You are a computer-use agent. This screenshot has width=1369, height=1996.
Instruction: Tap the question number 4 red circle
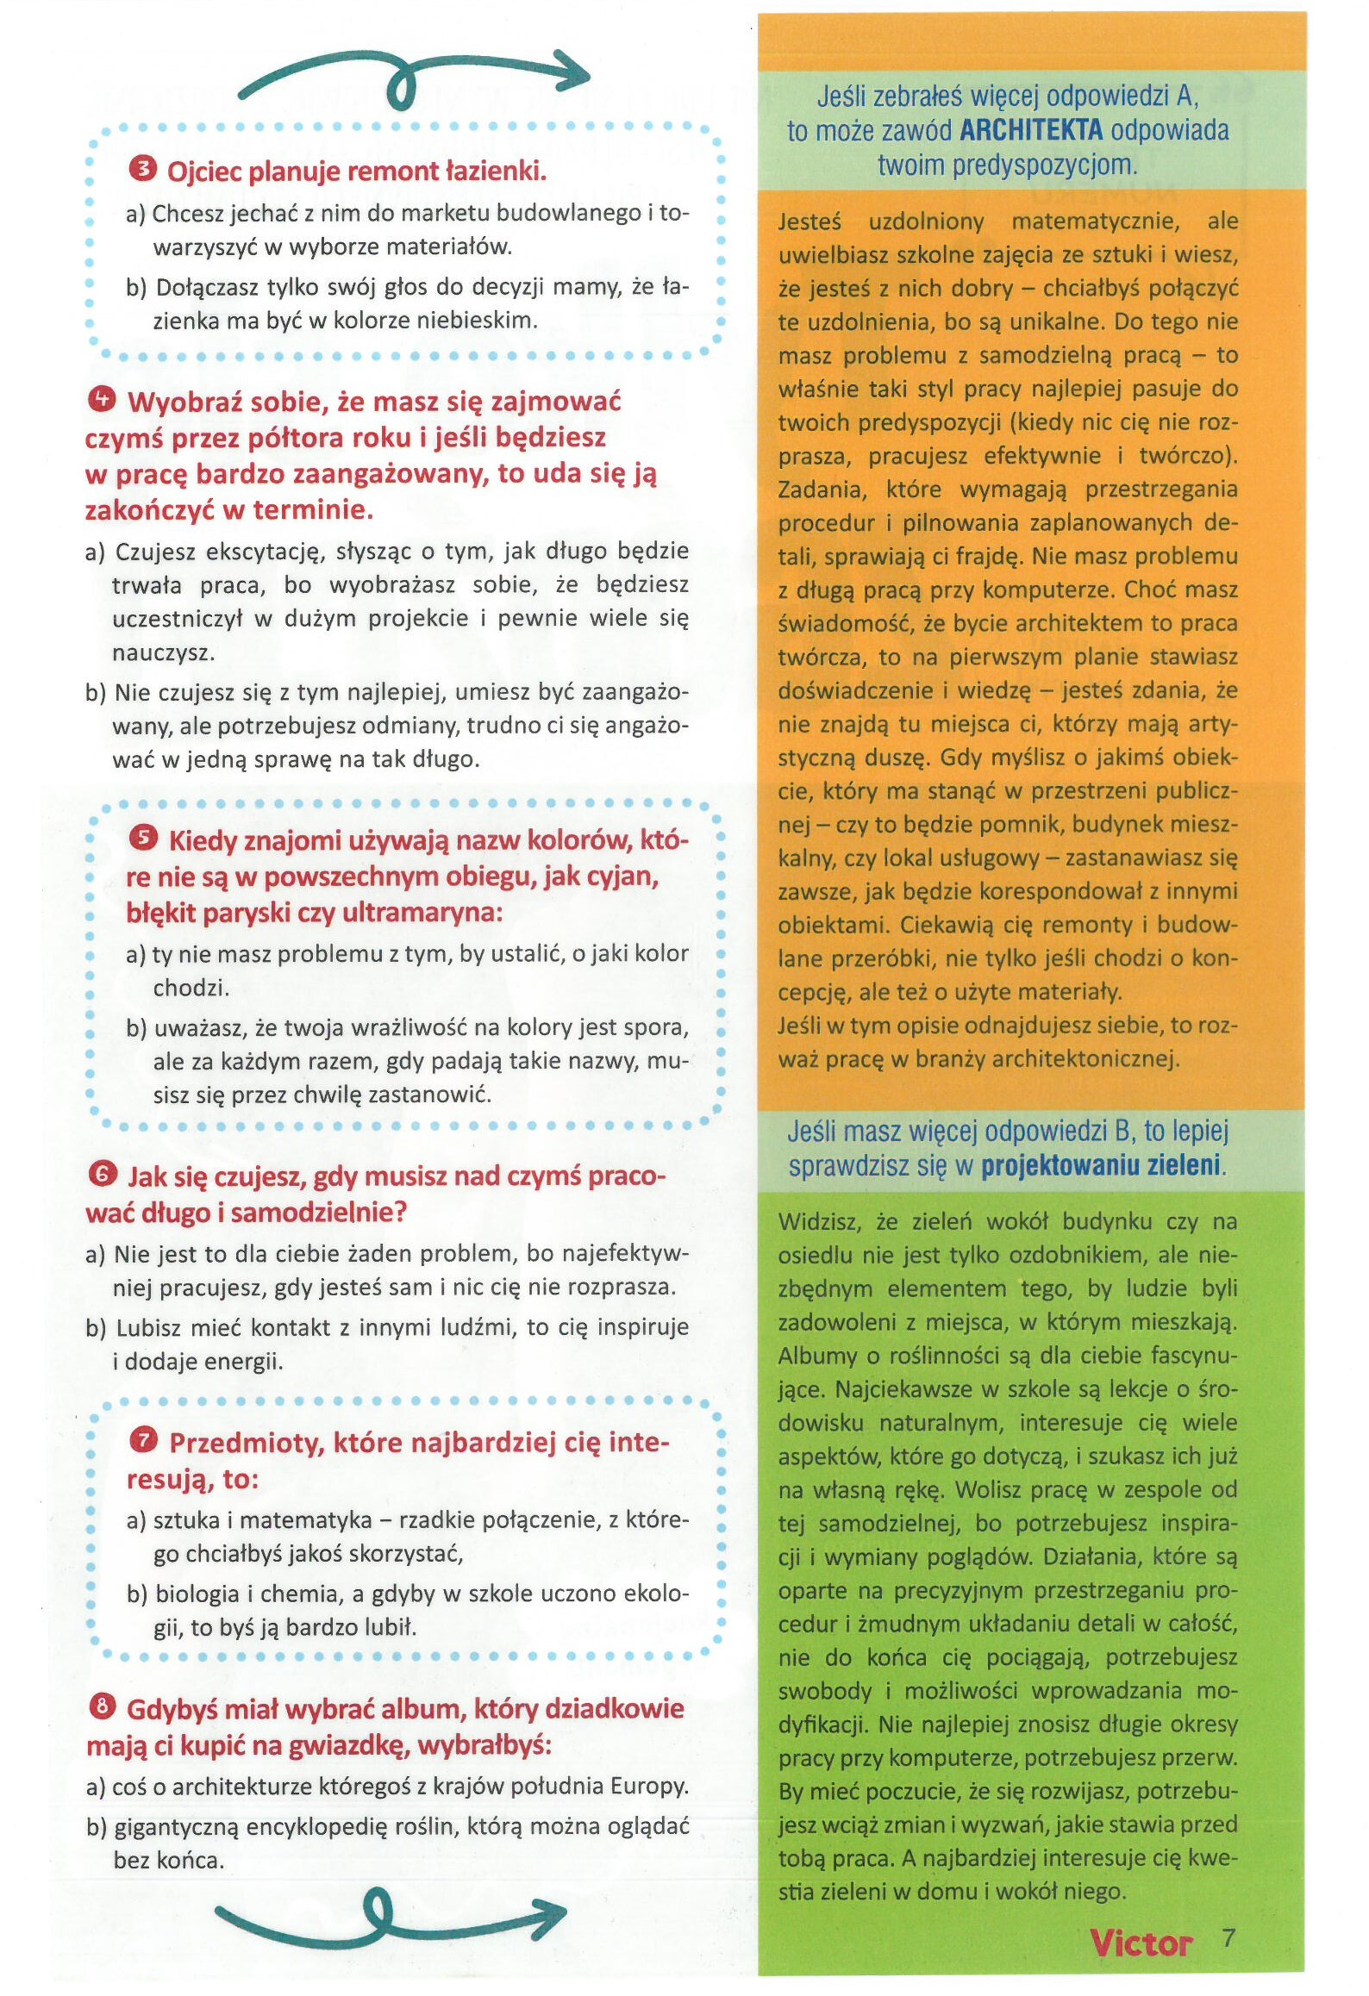[x=101, y=399]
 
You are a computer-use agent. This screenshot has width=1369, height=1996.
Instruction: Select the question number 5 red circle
[x=143, y=837]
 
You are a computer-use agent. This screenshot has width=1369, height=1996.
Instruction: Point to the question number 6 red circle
[x=102, y=1173]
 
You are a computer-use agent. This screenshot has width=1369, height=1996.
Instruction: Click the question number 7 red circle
[x=143, y=1439]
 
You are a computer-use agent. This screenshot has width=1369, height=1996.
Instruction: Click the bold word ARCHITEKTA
[x=1030, y=130]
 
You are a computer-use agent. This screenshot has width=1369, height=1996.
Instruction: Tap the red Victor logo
[x=1140, y=1943]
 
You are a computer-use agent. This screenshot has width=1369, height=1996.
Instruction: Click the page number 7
[x=1228, y=1938]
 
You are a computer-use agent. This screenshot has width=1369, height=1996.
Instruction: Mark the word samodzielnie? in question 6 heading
[x=318, y=1212]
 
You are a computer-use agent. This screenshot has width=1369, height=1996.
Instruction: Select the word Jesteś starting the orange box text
[x=810, y=221]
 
